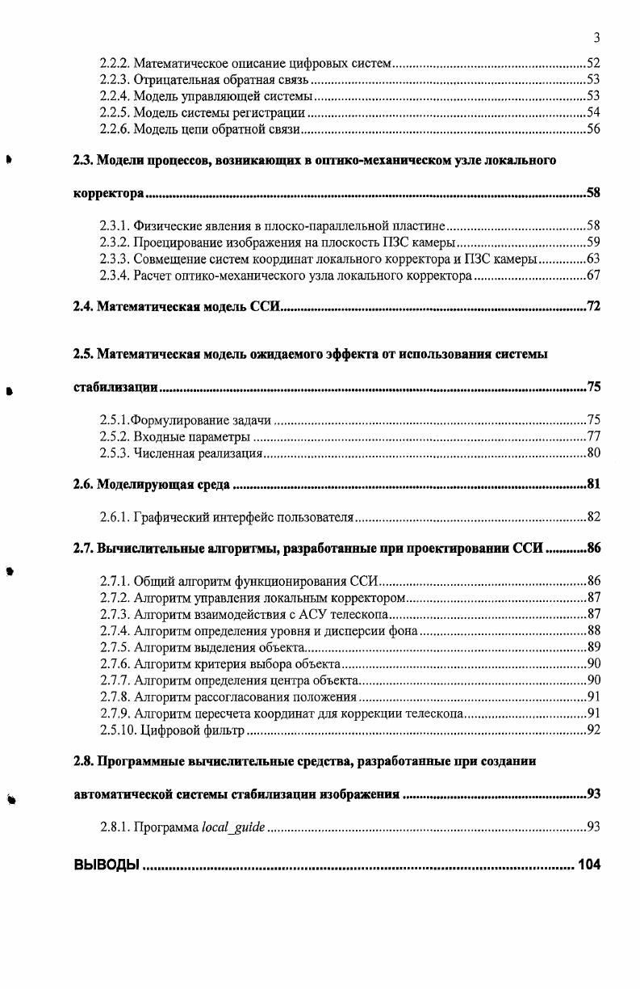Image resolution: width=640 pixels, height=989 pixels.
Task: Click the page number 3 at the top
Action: [596, 38]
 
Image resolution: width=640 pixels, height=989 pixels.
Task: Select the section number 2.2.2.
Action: [115, 62]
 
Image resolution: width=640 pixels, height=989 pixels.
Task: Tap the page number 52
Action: [593, 62]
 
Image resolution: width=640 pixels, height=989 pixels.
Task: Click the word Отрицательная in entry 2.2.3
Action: [172, 79]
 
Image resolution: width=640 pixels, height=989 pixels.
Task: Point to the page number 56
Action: [593, 129]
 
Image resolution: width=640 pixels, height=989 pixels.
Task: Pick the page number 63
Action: [593, 259]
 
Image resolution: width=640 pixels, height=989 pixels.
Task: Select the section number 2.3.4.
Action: [115, 276]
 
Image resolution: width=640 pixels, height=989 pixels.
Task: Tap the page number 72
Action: [593, 308]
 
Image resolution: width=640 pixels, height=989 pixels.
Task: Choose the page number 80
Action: [593, 452]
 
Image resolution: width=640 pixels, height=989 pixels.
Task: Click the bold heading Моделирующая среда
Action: [164, 485]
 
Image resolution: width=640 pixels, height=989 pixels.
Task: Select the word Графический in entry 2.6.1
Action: [172, 517]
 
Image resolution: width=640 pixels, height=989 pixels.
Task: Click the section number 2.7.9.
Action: [115, 713]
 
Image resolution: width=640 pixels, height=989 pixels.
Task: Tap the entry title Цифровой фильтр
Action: [192, 730]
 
